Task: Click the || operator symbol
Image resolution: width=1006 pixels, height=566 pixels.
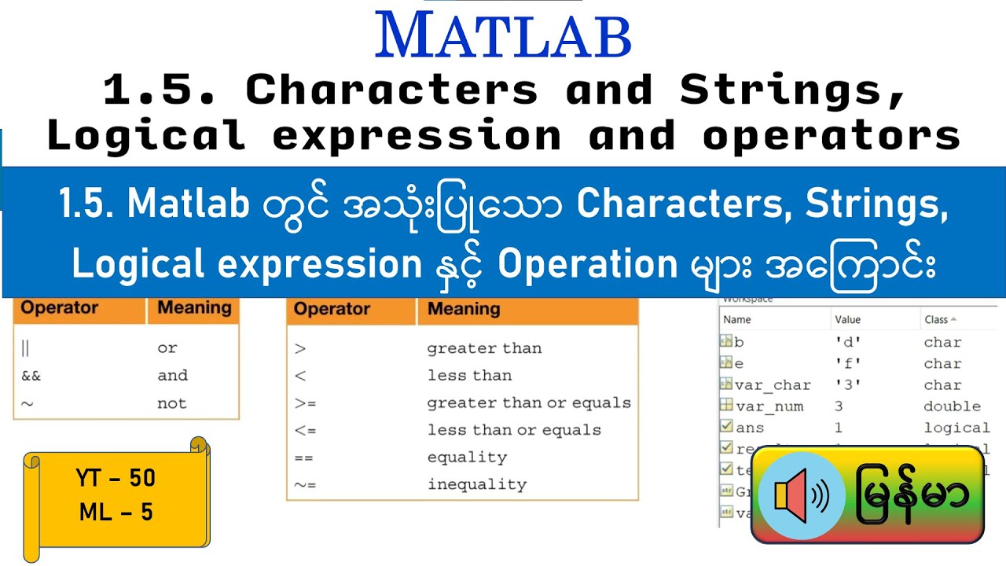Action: tap(25, 348)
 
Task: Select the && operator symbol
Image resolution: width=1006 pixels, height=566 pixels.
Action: tap(31, 376)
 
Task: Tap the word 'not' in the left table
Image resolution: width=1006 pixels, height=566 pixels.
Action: tap(171, 403)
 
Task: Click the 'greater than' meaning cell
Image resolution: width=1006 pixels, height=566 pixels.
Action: tap(483, 348)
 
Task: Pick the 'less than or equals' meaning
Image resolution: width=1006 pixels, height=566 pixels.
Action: tap(514, 430)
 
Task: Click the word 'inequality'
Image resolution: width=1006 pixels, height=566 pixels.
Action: tap(476, 484)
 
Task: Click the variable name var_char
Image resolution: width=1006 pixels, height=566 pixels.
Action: tap(773, 385)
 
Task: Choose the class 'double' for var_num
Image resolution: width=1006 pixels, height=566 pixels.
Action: tap(952, 406)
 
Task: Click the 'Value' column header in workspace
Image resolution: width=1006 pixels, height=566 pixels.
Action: tap(847, 319)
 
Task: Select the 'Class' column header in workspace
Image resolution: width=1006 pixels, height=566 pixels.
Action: tap(936, 319)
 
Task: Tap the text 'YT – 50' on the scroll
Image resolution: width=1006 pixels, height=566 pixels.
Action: tap(116, 478)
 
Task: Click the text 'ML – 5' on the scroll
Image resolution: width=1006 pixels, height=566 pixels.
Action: tap(116, 513)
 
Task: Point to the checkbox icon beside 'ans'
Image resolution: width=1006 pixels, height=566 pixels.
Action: tap(725, 428)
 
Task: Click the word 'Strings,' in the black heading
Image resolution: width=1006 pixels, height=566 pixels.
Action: tap(794, 91)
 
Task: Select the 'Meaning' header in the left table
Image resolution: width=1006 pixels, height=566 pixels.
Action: tap(194, 307)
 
